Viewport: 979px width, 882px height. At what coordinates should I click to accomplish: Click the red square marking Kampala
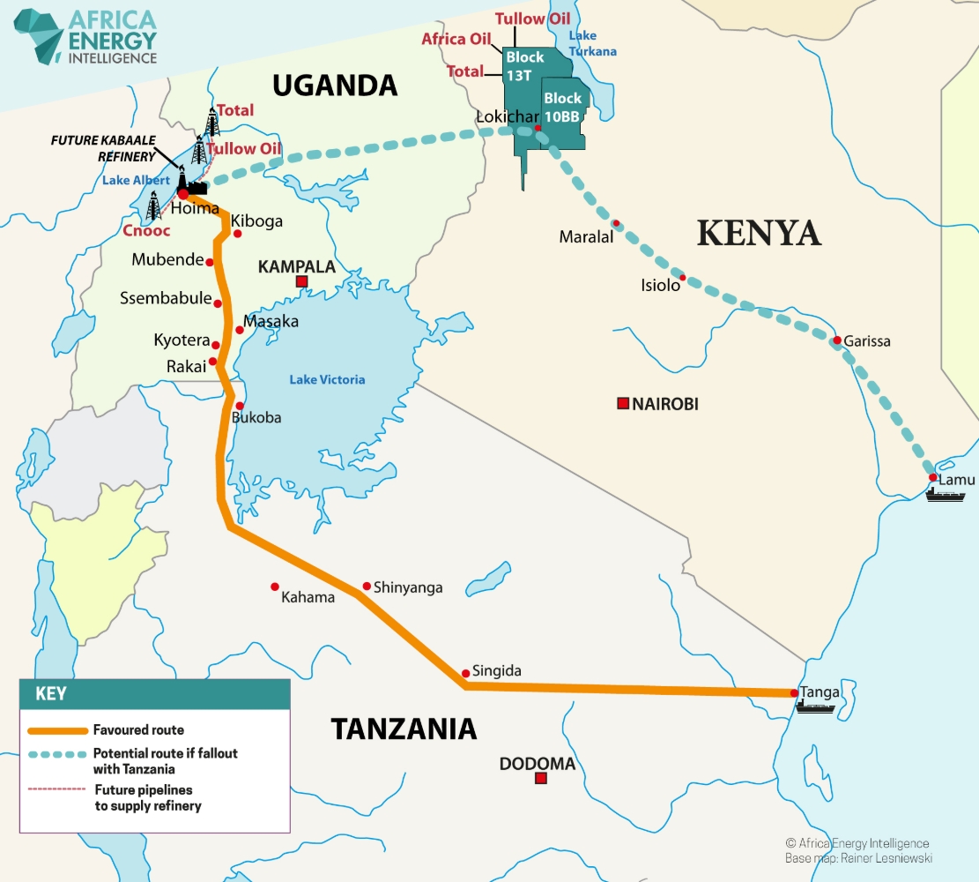pyautogui.click(x=301, y=281)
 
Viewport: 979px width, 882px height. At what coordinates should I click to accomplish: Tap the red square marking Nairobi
pyautogui.click(x=623, y=404)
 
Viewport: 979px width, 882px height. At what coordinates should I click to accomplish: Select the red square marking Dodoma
pyautogui.click(x=541, y=778)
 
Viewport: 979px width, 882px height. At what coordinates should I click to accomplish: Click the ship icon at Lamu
pyautogui.click(x=945, y=494)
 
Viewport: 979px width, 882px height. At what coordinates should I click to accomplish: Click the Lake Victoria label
pyautogui.click(x=327, y=380)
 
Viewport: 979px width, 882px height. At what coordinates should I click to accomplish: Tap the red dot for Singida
pyautogui.click(x=465, y=673)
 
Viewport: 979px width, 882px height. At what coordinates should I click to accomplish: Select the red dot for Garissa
pyautogui.click(x=836, y=340)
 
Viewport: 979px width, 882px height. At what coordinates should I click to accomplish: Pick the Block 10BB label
pyautogui.click(x=562, y=107)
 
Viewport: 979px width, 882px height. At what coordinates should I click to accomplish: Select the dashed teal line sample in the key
pyautogui.click(x=58, y=755)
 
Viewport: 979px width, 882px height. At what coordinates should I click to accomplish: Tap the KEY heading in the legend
pyautogui.click(x=50, y=693)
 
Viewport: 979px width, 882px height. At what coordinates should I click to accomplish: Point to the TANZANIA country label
pyautogui.click(x=404, y=729)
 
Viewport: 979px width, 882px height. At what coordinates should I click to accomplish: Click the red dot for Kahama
pyautogui.click(x=275, y=587)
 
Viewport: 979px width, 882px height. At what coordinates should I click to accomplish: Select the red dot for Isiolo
pyautogui.click(x=682, y=278)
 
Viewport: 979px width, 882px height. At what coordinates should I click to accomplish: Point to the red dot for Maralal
pyautogui.click(x=617, y=223)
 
